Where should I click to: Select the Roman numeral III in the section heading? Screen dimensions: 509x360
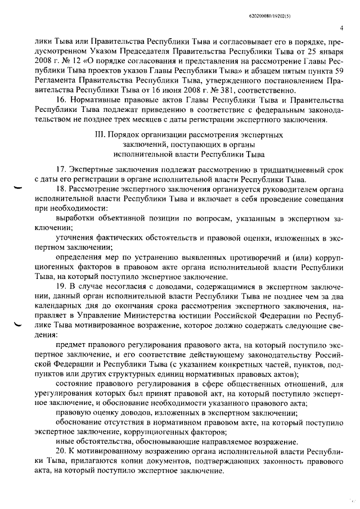[102, 135]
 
